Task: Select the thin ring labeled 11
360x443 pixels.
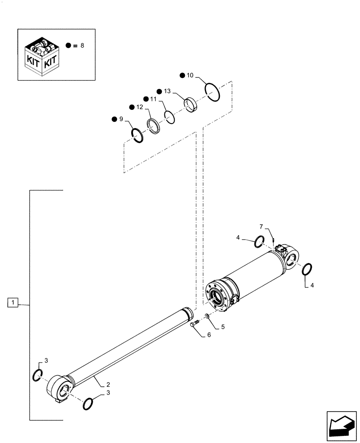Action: [x=169, y=116]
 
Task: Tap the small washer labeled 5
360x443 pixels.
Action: [x=207, y=316]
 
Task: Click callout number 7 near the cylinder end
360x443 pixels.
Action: [x=261, y=226]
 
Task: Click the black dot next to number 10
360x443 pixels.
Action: [x=182, y=75]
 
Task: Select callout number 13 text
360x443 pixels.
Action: [x=167, y=91]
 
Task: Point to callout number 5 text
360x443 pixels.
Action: [x=223, y=327]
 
